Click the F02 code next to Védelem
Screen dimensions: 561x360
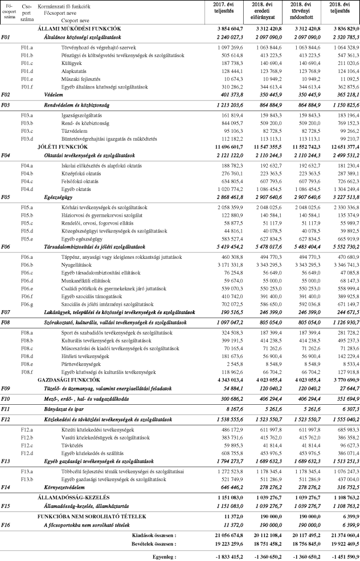tap(7, 95)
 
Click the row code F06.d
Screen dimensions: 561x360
tap(27, 281)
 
